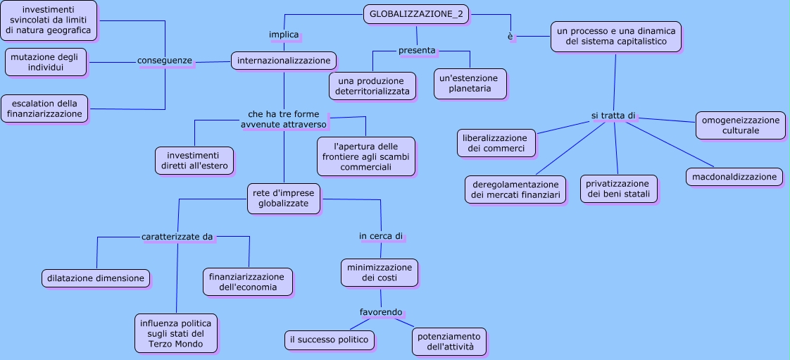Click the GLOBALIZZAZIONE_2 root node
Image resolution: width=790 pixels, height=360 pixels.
tap(416, 14)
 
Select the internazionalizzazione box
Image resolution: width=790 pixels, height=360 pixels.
tap(284, 61)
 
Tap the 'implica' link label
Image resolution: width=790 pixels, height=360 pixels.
tap(284, 35)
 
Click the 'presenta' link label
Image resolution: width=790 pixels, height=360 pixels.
tap(417, 51)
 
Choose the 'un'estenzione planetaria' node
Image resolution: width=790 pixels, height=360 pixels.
tap(470, 83)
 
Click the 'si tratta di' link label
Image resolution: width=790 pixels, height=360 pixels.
tap(613, 116)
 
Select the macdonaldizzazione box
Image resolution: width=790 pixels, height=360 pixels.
tap(734, 177)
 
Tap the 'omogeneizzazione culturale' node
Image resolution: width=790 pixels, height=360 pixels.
tap(740, 125)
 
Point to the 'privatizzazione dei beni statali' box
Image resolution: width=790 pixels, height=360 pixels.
tap(619, 189)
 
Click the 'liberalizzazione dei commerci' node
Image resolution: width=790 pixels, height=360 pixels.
tap(496, 143)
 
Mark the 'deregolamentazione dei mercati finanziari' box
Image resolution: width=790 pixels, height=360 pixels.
tap(515, 190)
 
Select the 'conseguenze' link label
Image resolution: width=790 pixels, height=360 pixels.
tap(165, 61)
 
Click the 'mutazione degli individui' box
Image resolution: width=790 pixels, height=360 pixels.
tap(46, 62)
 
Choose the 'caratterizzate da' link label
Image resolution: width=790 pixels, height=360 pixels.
tap(177, 237)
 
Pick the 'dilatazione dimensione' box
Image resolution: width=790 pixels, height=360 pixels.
tap(96, 278)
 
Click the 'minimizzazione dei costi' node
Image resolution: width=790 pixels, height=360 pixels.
tap(380, 273)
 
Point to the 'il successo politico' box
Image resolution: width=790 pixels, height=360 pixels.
tap(329, 340)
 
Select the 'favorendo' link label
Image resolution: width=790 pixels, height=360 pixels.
tap(381, 312)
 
